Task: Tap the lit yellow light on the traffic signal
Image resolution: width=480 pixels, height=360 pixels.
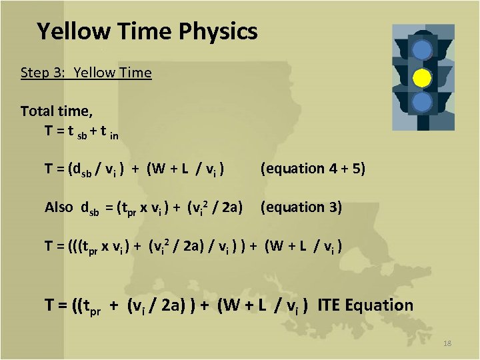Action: [x=421, y=78]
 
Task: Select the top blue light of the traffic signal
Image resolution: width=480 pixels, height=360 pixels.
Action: [x=421, y=50]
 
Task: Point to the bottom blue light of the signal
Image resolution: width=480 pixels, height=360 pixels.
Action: [x=421, y=103]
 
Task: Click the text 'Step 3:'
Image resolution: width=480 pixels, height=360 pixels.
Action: [x=43, y=73]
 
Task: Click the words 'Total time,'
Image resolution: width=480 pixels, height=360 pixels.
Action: [x=56, y=111]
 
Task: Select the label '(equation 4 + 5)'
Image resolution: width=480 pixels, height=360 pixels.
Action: [x=313, y=169]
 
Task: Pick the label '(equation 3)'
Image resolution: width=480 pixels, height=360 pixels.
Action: [x=301, y=207]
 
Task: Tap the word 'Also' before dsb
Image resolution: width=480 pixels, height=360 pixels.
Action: [x=59, y=207]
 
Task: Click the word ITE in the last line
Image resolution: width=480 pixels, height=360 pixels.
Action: [x=329, y=306]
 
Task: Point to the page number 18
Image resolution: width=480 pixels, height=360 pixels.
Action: [x=447, y=343]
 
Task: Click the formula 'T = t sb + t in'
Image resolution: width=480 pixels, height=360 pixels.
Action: [x=82, y=131]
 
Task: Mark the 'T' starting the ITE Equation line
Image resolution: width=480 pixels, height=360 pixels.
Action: [x=50, y=306]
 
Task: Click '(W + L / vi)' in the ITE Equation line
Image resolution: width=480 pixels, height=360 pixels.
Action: [x=263, y=306]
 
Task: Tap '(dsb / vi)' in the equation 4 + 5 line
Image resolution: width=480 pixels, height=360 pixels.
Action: [x=99, y=169]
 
